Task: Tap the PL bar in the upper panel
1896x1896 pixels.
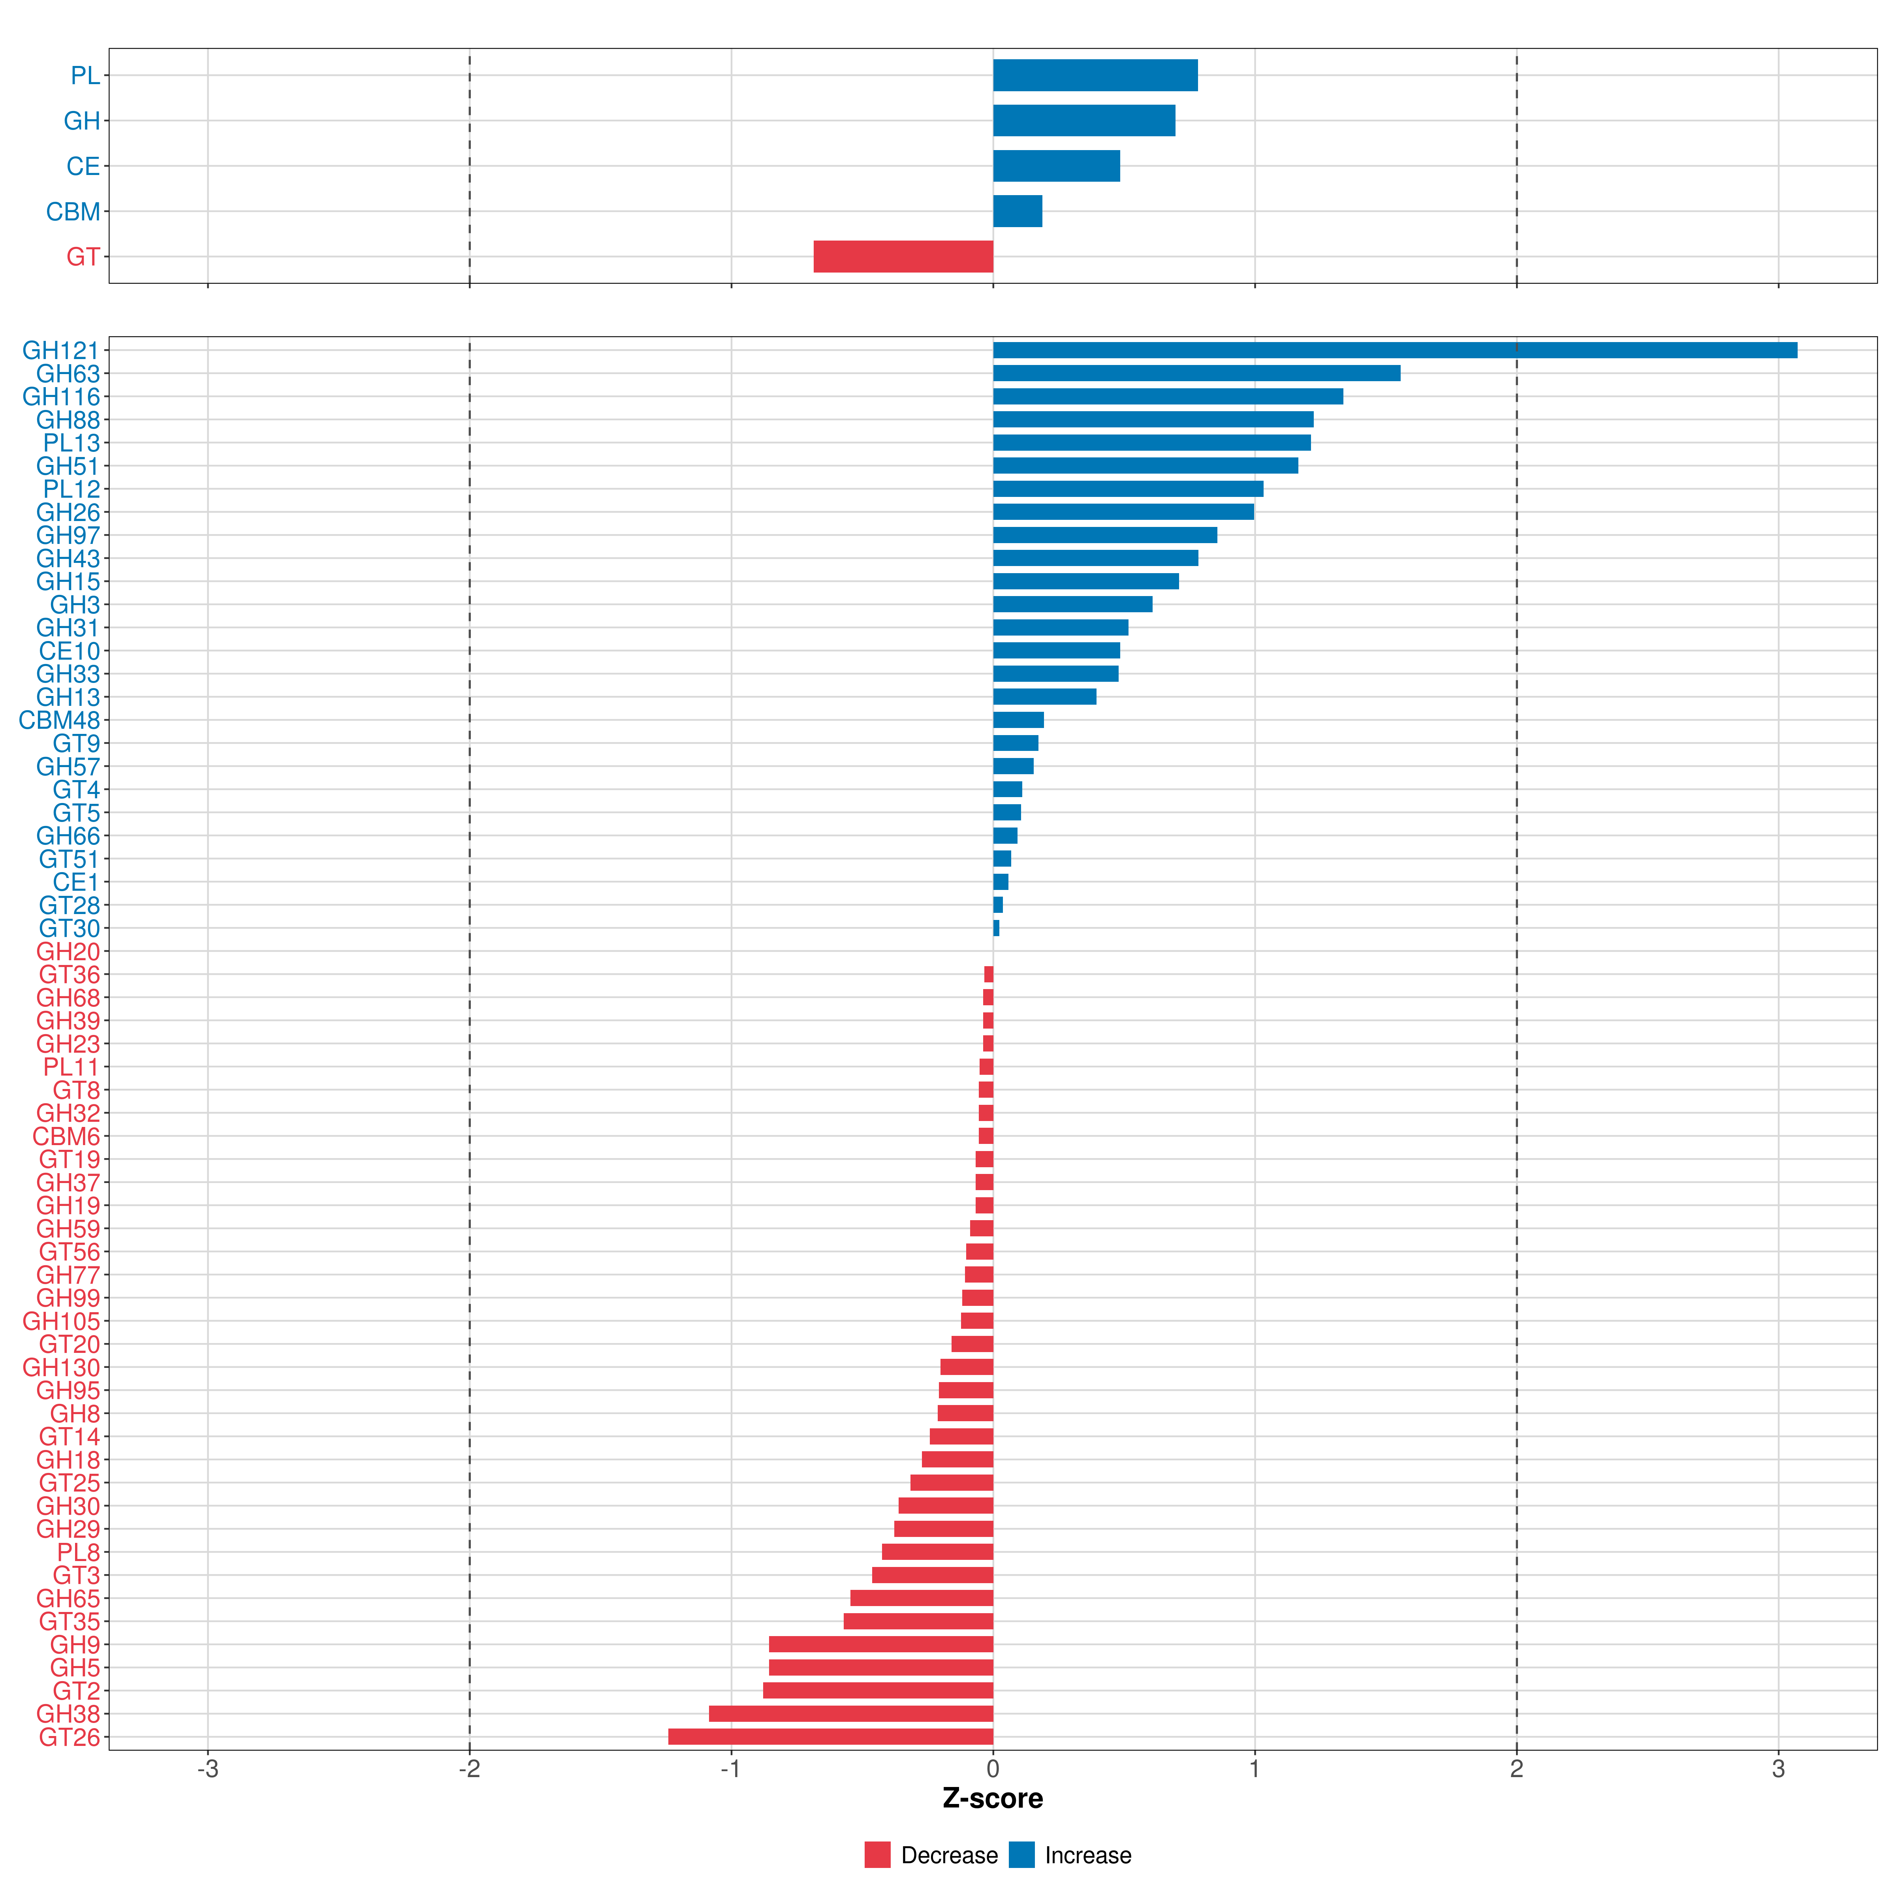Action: (x=1095, y=75)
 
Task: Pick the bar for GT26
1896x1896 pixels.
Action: (x=830, y=1737)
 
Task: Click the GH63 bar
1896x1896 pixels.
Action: (x=1196, y=373)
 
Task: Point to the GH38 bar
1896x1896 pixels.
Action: (x=851, y=1714)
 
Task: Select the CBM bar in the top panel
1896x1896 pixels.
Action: (x=1018, y=211)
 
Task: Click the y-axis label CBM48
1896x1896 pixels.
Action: (x=59, y=720)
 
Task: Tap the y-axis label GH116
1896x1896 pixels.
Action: (x=61, y=397)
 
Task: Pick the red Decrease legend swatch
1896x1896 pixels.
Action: (x=877, y=1855)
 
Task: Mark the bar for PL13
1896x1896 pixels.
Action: (x=1152, y=442)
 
